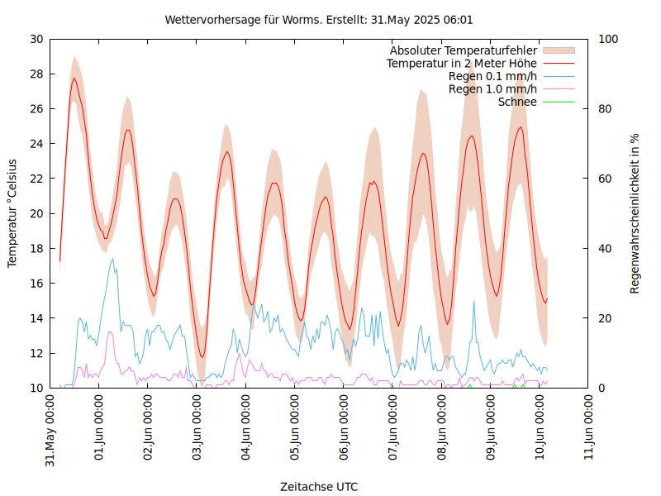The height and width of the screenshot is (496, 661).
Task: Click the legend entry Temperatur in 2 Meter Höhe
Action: click(462, 63)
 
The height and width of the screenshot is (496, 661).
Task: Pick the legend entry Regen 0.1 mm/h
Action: click(492, 76)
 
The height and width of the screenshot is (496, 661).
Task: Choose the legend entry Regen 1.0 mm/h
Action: click(492, 89)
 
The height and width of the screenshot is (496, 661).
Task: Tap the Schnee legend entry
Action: click(518, 102)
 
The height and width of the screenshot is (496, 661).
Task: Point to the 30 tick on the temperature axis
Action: click(36, 39)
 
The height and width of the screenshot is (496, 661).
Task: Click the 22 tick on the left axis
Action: click(36, 179)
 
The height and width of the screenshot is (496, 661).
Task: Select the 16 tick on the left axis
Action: click(36, 283)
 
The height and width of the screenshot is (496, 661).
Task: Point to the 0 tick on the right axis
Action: click(602, 388)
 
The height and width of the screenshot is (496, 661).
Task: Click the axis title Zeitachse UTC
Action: click(319, 486)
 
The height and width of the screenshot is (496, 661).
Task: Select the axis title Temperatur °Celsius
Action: click(12, 212)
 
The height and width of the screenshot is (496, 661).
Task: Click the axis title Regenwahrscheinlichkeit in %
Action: click(635, 212)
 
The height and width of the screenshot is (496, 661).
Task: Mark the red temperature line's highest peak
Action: click(74, 79)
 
